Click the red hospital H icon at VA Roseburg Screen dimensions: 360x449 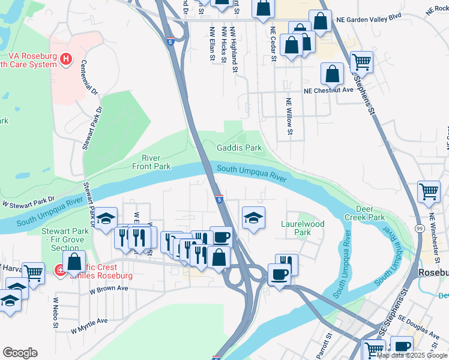[x=66, y=59]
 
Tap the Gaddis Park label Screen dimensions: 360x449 [x=240, y=148]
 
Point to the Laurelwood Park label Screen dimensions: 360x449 [x=303, y=228]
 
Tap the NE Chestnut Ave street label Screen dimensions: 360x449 [x=328, y=91]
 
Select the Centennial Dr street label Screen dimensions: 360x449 [x=89, y=77]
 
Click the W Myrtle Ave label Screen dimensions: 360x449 [x=90, y=325]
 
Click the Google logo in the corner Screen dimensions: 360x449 [x=20, y=353]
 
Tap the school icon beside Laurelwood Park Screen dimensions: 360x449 [x=253, y=217]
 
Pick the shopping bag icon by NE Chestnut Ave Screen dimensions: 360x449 [x=332, y=74]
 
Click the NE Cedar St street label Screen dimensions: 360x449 [x=273, y=44]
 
